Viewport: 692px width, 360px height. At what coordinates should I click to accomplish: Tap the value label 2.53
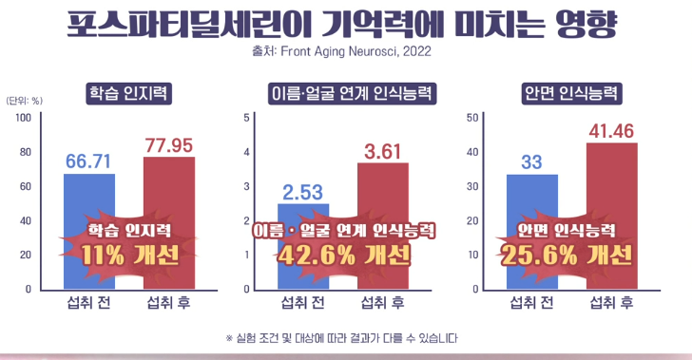click(303, 191)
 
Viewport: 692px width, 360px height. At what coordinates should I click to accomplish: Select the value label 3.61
click(382, 150)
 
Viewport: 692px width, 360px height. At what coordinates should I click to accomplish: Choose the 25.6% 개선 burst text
click(567, 254)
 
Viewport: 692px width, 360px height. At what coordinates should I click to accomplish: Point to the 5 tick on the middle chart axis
click(247, 118)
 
